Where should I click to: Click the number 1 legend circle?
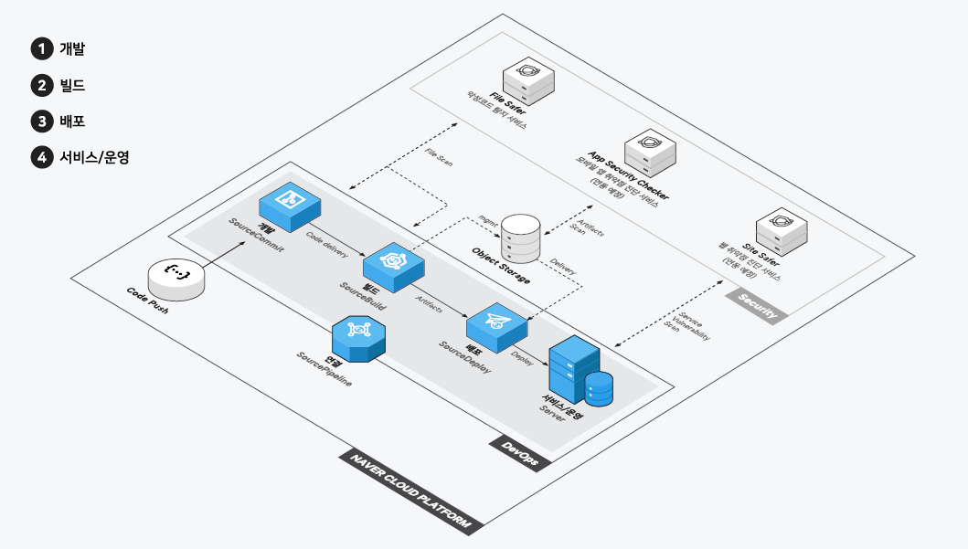click(41, 49)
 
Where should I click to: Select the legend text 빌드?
click(72, 86)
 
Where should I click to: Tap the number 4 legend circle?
click(41, 157)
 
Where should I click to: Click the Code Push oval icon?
click(176, 277)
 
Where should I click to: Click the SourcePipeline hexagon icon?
click(358, 338)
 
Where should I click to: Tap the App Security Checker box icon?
click(650, 152)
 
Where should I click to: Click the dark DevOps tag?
click(520, 453)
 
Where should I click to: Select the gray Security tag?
click(758, 306)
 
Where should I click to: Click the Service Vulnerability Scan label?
click(689, 327)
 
